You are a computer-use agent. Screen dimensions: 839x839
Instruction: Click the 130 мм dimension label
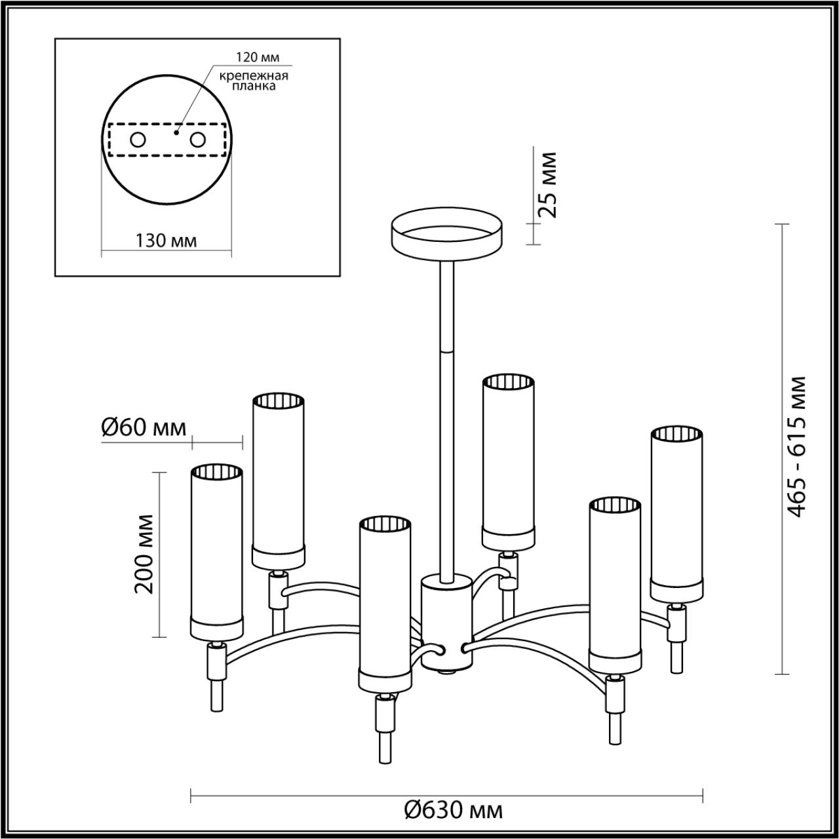pos(166,241)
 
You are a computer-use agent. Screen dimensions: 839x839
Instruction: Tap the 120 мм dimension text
pos(258,57)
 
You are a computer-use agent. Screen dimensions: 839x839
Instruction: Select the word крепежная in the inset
pos(254,76)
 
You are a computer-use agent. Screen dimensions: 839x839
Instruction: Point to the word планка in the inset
pos(254,87)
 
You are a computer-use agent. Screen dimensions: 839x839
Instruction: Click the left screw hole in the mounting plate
pos(138,140)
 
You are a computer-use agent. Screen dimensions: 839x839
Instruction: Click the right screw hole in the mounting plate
pos(198,140)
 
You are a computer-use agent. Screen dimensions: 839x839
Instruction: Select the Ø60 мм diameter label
pos(144,428)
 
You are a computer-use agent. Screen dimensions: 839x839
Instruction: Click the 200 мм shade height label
pos(145,555)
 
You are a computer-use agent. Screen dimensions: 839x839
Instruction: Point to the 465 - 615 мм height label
pos(797,446)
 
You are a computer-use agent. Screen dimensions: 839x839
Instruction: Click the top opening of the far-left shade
pos(217,471)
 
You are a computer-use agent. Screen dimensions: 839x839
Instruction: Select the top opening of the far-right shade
pos(676,435)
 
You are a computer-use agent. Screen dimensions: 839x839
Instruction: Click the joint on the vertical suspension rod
pos(447,349)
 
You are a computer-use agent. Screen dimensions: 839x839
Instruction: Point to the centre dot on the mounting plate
pos(176,132)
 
